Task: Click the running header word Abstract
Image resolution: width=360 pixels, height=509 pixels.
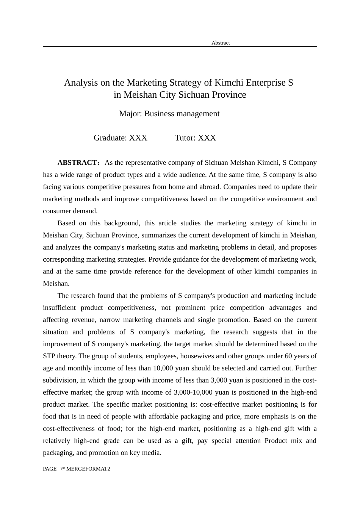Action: [x=221, y=43]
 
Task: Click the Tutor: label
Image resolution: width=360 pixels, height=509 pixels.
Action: [x=185, y=138]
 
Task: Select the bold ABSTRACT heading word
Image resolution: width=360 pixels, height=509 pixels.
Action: [x=78, y=163]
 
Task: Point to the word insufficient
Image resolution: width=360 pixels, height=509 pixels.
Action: [x=59, y=308]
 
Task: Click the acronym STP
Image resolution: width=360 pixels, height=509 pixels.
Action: [x=49, y=356]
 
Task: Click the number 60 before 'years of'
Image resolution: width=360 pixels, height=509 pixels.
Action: [x=283, y=356]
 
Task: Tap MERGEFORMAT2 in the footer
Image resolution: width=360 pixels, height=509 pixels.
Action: [x=88, y=469]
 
